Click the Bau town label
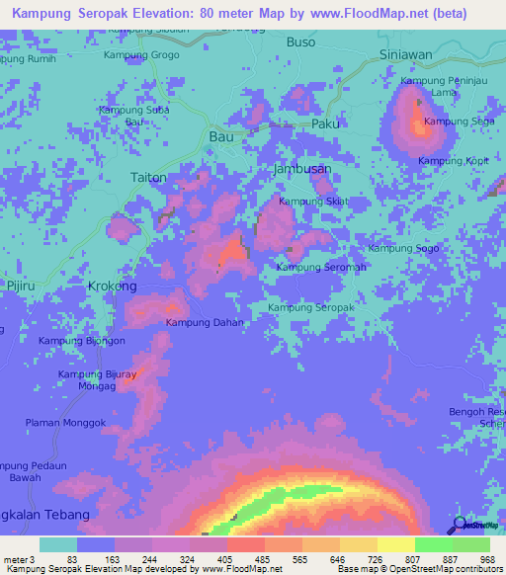point(221,137)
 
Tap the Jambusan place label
point(301,169)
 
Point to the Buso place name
point(300,42)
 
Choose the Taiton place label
point(148,177)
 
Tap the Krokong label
point(113,286)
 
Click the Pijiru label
point(21,285)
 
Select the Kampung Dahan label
point(205,322)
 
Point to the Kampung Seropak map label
point(311,308)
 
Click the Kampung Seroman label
point(321,267)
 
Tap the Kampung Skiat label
point(314,202)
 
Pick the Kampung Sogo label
point(403,248)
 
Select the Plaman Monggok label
point(65,423)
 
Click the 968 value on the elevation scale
point(484,559)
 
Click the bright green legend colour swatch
point(433,544)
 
